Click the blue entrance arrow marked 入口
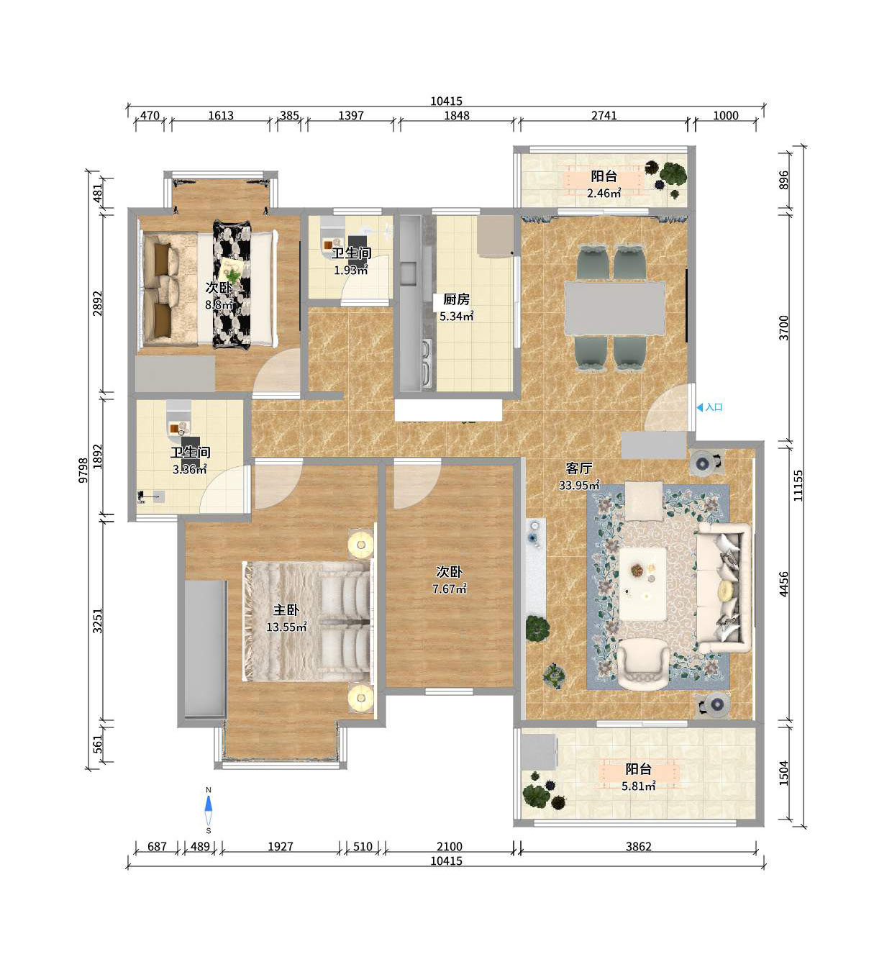700,407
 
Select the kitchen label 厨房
456,299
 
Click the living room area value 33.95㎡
579,485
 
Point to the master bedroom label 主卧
286,609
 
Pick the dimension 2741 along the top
604,115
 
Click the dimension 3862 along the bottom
638,846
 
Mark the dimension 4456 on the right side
783,584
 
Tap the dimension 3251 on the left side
98,620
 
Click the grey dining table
614,308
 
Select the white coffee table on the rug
642,584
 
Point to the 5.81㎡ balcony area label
638,786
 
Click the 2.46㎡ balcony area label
604,193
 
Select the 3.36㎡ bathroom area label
190,469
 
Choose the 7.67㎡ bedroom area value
450,589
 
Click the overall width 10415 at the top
446,101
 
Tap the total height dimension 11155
798,486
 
